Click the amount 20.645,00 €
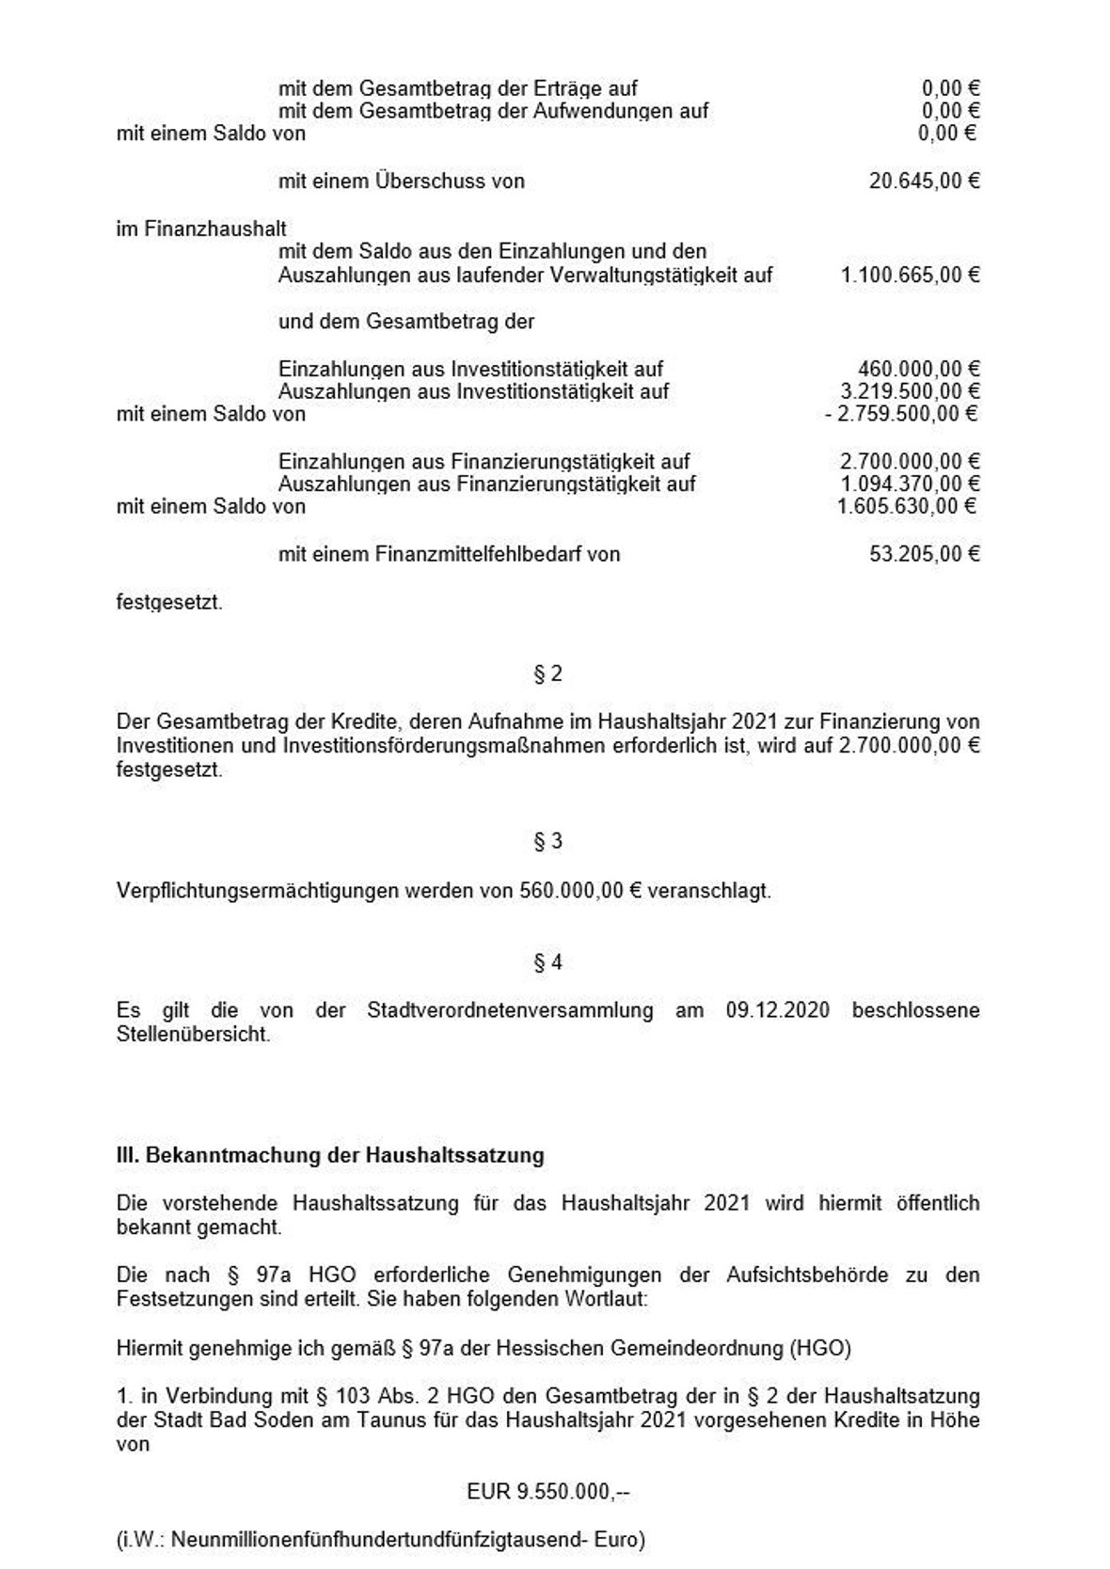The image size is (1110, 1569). [x=924, y=181]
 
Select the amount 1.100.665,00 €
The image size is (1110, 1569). [x=910, y=275]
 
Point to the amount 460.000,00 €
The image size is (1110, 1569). [x=918, y=369]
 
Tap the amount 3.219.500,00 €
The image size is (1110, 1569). [x=910, y=391]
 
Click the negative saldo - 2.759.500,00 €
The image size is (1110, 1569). [x=900, y=414]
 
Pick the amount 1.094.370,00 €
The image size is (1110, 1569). [x=910, y=484]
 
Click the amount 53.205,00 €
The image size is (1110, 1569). [x=924, y=554]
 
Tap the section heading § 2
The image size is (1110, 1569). [x=547, y=674]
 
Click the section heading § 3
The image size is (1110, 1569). [x=547, y=841]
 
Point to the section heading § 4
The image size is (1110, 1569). [x=547, y=962]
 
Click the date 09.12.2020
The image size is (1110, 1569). [x=777, y=1010]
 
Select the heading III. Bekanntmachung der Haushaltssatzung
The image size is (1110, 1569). [x=330, y=1155]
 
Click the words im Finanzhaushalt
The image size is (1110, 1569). [x=201, y=229]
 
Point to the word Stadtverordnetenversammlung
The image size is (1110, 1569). [x=510, y=1010]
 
